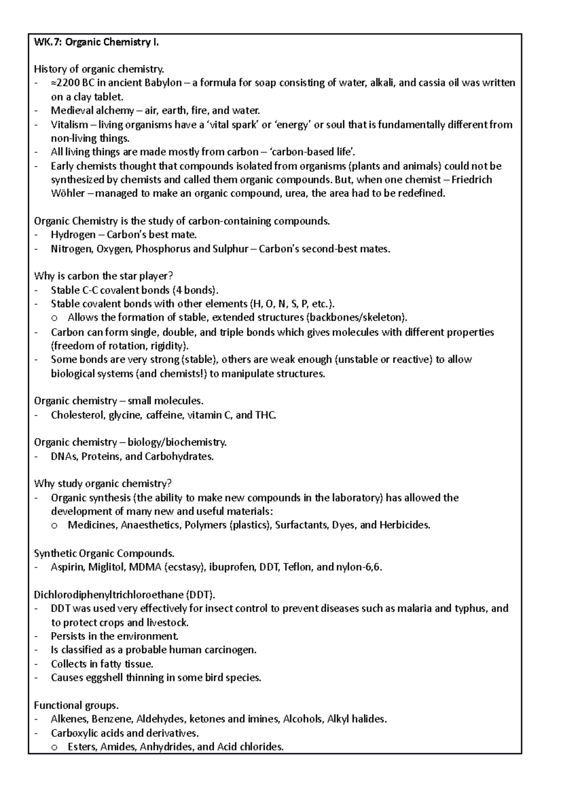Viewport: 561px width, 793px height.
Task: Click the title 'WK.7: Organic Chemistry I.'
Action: (96, 43)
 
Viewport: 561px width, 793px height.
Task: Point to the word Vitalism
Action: (69, 125)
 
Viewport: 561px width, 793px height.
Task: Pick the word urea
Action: (295, 193)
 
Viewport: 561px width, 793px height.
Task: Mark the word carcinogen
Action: (231, 650)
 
